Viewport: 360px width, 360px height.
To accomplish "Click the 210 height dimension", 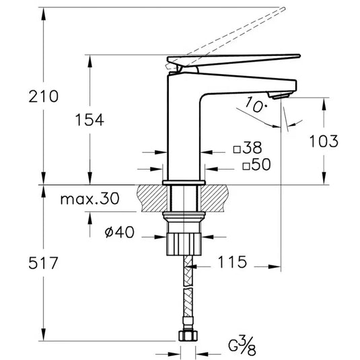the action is point(43,96).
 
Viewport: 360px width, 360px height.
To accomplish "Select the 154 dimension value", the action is point(89,120).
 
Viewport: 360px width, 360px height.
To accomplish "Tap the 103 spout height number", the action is point(324,141).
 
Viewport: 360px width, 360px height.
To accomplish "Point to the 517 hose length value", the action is point(43,263).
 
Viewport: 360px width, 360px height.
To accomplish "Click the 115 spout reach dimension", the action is point(232,262).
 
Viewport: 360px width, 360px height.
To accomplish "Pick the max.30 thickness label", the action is point(89,199).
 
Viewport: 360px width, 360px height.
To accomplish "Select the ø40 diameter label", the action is point(119,232).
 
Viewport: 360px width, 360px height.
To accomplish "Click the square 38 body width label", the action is point(248,147).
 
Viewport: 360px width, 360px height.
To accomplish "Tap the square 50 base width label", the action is point(256,164).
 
